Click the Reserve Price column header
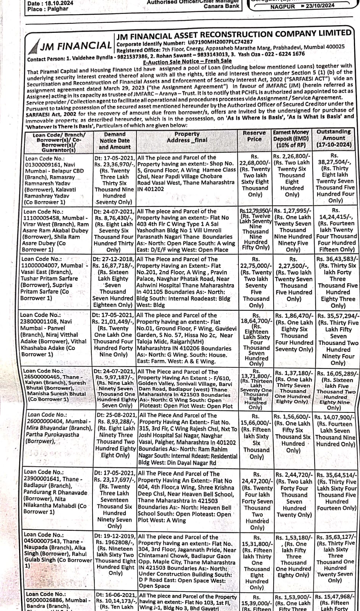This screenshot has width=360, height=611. click(254, 136)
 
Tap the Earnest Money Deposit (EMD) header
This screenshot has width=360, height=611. click(291, 138)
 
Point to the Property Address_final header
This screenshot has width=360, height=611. click(187, 137)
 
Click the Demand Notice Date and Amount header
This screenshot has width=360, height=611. click(115, 141)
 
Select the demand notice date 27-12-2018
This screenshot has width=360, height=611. click(117, 259)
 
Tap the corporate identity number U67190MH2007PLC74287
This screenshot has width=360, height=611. click(220, 42)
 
